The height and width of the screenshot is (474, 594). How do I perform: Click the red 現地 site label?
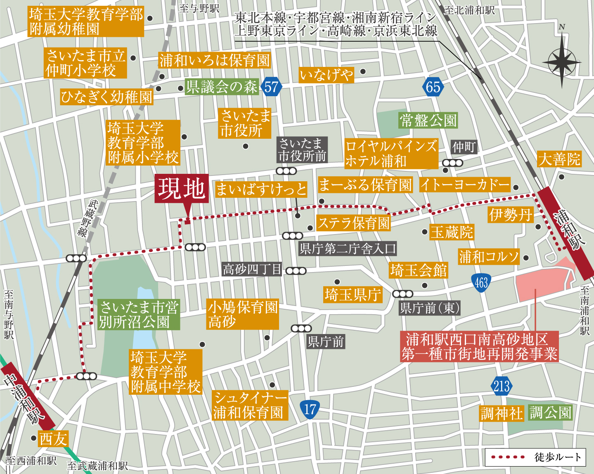(182, 189)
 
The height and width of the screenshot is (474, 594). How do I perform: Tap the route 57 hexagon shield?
(271, 87)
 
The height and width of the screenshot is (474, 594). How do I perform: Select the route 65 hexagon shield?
(433, 87)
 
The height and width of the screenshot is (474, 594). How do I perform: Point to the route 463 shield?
(481, 283)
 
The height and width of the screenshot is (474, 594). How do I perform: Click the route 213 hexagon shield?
(502, 386)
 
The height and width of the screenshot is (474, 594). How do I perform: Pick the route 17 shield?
(310, 409)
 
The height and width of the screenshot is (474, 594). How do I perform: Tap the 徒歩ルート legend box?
(535, 457)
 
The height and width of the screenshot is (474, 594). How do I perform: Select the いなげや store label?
(326, 75)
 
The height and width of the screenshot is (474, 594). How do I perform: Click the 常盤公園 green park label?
(428, 121)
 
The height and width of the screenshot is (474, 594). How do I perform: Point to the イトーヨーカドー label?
(465, 185)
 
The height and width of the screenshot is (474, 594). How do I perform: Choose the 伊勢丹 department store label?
(510, 215)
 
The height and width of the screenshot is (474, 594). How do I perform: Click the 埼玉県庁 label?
(353, 295)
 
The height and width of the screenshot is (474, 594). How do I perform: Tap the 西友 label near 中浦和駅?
(53, 439)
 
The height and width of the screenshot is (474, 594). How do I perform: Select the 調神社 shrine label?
(502, 413)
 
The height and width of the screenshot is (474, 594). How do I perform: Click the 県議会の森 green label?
(222, 87)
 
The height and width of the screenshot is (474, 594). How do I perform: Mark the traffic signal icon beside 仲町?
(452, 163)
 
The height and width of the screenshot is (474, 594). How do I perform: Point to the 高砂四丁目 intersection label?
(252, 270)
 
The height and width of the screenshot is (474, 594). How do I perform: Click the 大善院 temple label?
(559, 159)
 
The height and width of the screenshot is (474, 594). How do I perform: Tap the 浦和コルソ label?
(489, 257)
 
